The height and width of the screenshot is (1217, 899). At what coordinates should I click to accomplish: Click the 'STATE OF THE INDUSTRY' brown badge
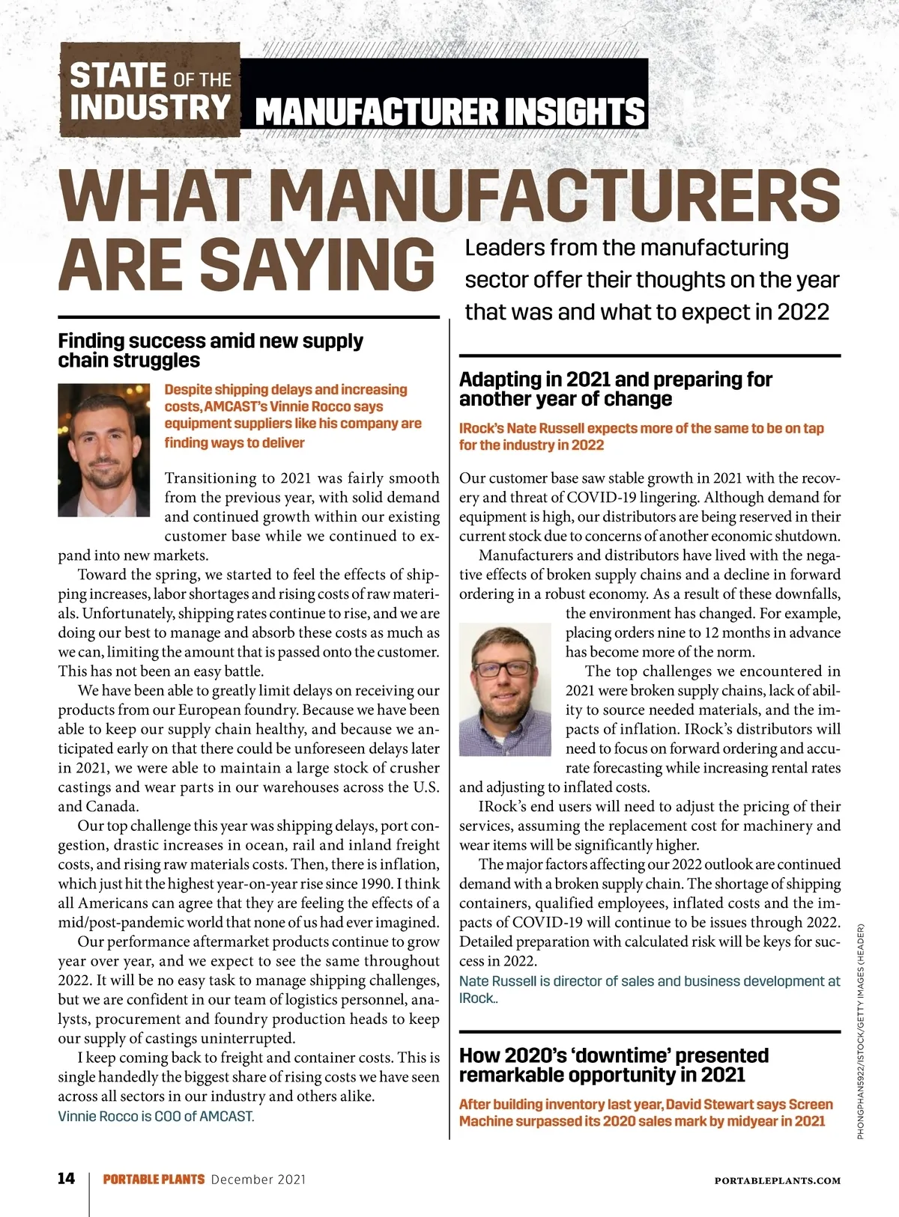tap(150, 90)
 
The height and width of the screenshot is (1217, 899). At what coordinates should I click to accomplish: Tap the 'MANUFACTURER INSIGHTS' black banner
tap(449, 111)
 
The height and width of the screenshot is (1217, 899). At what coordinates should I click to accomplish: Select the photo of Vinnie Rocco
tap(103, 450)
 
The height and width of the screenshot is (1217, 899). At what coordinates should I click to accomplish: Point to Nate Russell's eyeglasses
tap(500, 668)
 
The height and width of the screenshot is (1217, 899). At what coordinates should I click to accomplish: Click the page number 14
tap(67, 1179)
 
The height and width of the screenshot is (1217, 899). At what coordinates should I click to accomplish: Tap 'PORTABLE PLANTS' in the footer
tap(154, 1180)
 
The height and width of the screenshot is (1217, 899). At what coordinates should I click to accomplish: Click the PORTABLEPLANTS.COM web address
tap(778, 1180)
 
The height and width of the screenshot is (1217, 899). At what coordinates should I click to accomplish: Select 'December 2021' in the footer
tap(258, 1180)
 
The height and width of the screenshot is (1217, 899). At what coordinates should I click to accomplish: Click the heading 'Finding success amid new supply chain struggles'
tap(211, 350)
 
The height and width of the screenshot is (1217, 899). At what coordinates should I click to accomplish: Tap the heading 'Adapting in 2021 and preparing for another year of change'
tap(615, 389)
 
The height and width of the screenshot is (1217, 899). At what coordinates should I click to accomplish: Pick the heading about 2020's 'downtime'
tap(614, 1065)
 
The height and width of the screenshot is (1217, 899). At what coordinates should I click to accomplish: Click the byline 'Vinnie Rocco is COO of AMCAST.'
tap(156, 1116)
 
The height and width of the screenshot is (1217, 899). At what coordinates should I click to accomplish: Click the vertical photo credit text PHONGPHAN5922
tap(862, 1033)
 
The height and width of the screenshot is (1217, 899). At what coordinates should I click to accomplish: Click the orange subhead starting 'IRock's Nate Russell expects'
tap(641, 436)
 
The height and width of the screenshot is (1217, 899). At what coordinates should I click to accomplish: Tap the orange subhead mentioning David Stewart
tap(646, 1112)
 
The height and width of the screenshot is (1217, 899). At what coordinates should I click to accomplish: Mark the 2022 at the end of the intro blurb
tap(803, 311)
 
